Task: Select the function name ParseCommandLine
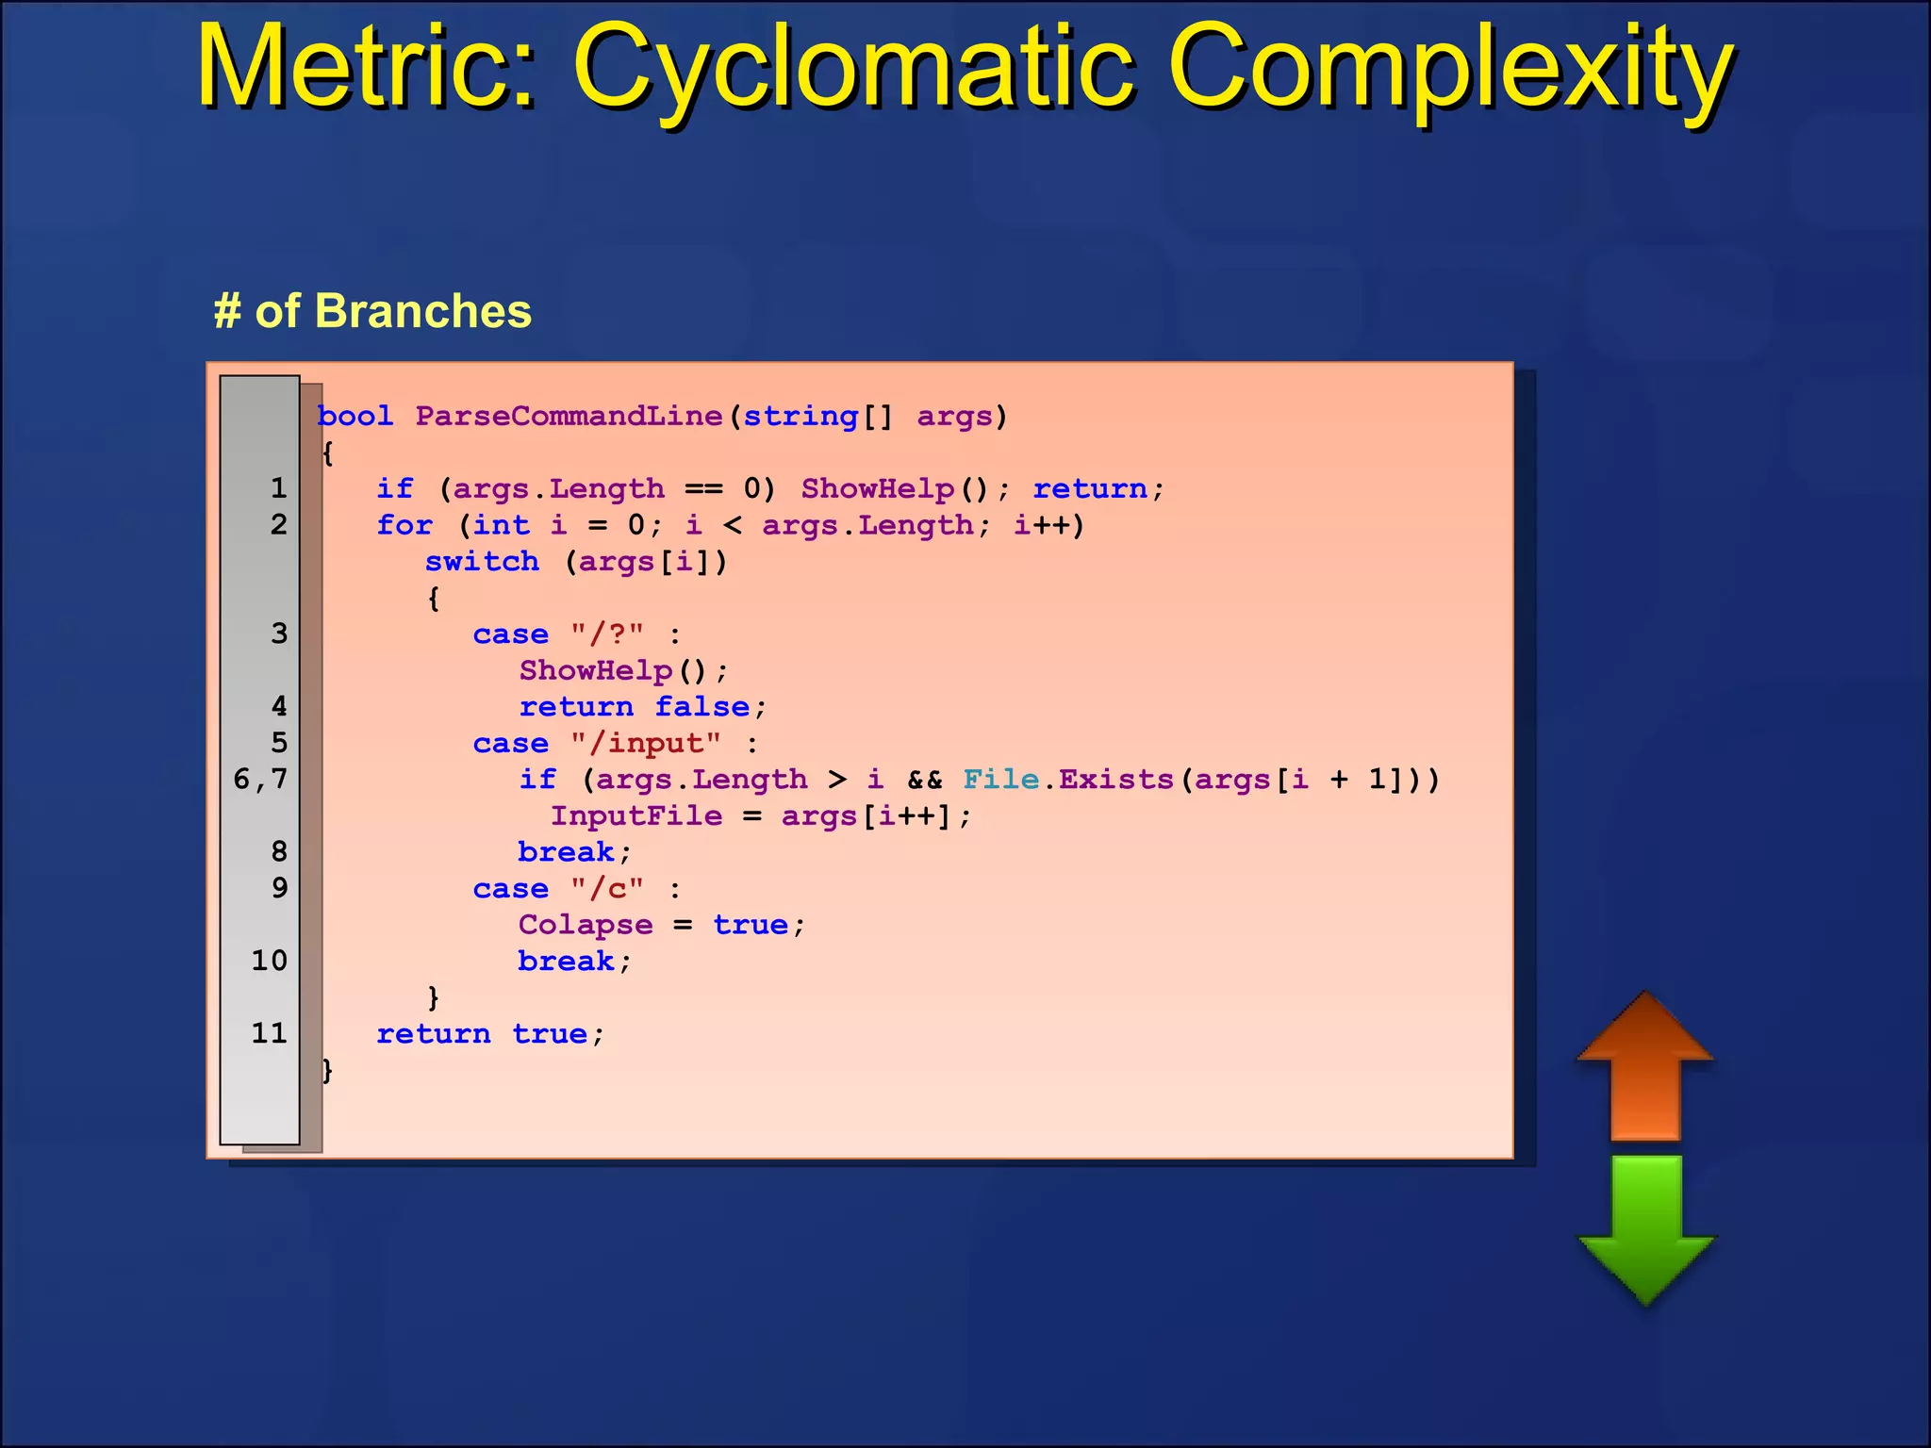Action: pos(569,416)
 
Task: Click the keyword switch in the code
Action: pos(482,562)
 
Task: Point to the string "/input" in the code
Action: pos(646,743)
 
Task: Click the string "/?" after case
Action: pos(607,633)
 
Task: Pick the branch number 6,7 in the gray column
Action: pos(260,779)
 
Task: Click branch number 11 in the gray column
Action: pos(269,1033)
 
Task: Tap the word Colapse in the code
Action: pos(585,925)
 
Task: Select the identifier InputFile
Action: pos(636,815)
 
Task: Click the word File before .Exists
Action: pos(1000,780)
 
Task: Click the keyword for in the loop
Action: pos(404,525)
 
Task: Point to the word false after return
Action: pos(702,707)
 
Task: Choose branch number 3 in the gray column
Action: pos(279,633)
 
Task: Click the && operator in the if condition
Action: pos(924,780)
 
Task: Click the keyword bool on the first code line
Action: pos(355,416)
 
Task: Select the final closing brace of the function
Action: pos(327,1070)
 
